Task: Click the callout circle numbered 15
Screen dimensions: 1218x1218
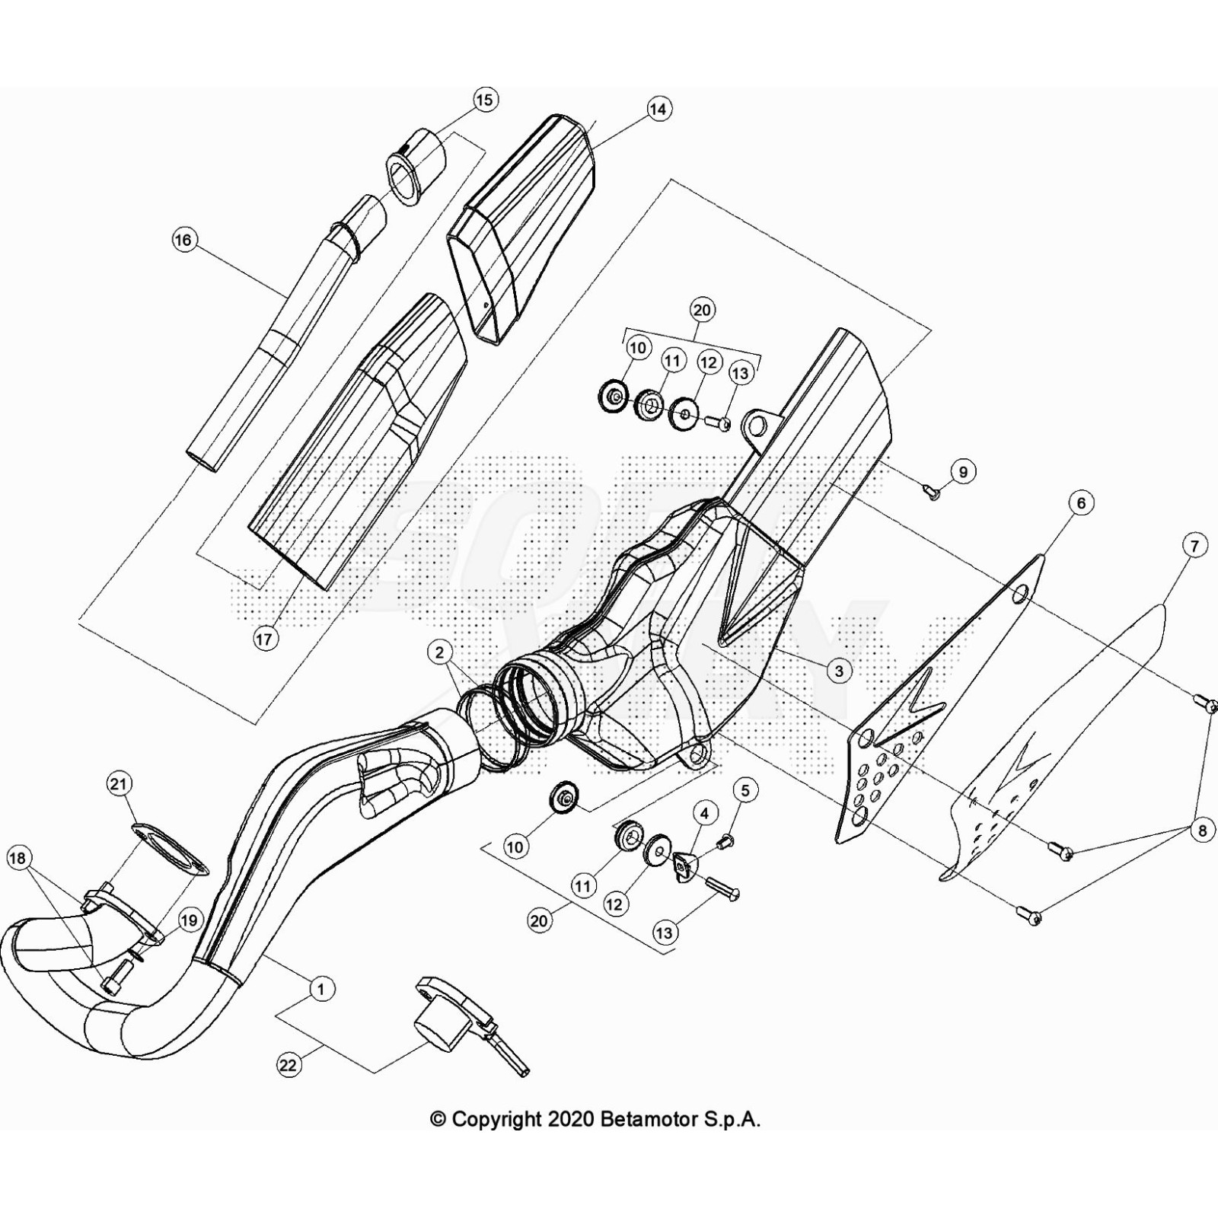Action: [485, 100]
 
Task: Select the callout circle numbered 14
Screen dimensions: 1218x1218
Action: [658, 110]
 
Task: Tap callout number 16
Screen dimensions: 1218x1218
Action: [183, 241]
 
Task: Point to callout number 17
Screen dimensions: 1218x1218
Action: [264, 639]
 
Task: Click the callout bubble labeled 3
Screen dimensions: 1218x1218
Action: [839, 671]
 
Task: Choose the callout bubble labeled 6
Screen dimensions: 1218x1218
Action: [1081, 502]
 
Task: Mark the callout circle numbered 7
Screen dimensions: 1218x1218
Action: [1194, 545]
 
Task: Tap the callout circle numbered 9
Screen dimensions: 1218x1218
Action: [963, 472]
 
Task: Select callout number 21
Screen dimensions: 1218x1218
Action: [120, 783]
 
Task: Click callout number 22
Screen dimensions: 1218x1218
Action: [288, 1065]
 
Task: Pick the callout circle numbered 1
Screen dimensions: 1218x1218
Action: [321, 989]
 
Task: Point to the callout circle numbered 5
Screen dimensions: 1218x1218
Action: [745, 791]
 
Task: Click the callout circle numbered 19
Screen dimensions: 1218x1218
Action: [189, 920]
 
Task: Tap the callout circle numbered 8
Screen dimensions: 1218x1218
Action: [1202, 830]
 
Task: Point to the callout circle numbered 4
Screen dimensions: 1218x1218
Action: [705, 814]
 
